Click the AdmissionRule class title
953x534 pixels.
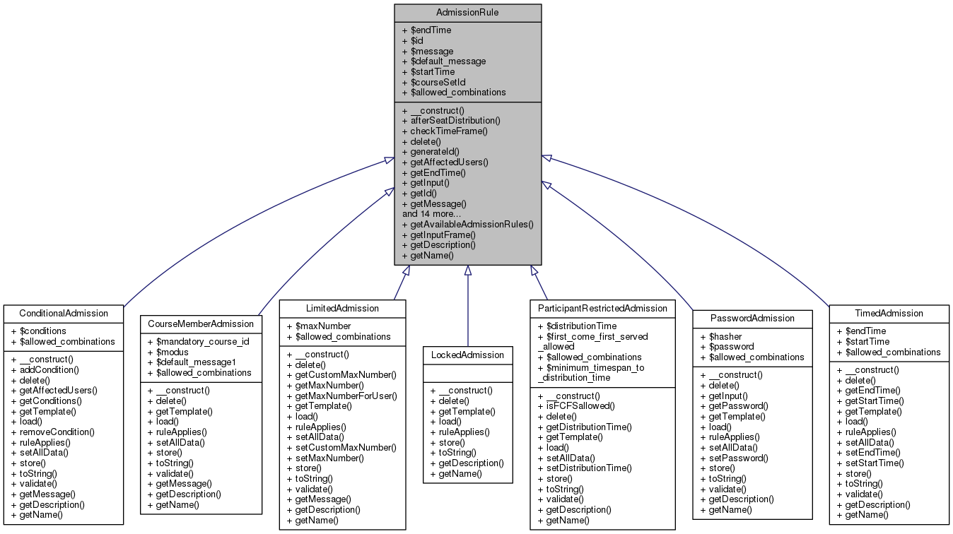467,13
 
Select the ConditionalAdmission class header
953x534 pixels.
64,313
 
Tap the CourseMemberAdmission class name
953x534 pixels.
201,324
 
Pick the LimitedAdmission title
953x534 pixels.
342,308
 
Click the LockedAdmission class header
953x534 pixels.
467,355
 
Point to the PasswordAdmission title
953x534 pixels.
752,318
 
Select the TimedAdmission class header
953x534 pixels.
888,313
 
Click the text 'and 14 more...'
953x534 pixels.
431,213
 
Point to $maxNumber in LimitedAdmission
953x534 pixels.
318,326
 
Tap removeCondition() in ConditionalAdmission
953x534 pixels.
57,432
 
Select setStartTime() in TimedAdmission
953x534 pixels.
875,463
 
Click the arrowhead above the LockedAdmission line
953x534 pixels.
467,271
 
